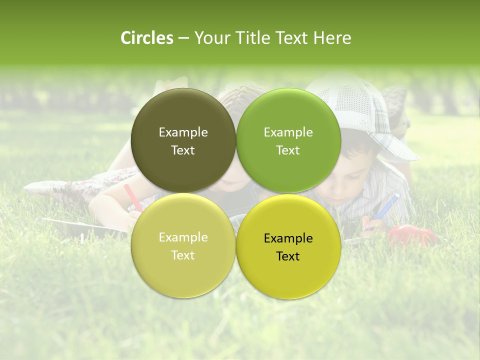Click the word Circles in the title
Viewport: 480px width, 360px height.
pos(147,38)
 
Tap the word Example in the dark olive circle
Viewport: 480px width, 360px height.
pos(183,132)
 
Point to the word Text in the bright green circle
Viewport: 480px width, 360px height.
pos(288,150)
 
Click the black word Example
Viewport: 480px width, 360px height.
pos(288,238)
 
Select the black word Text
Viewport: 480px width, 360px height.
pos(288,256)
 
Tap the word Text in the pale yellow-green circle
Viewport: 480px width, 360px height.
pos(183,255)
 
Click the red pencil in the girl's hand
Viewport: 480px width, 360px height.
pos(133,196)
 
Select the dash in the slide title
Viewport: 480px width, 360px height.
pos(183,38)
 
